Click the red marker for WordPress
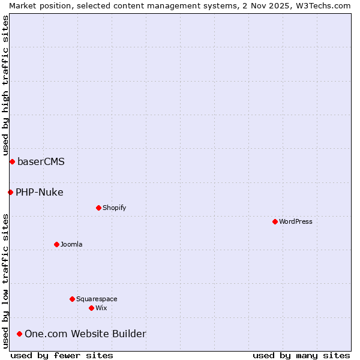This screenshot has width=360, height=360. click(x=275, y=221)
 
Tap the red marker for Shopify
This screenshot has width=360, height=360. click(x=98, y=208)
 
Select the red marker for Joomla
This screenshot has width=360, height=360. click(x=56, y=244)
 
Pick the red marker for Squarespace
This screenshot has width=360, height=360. click(x=72, y=299)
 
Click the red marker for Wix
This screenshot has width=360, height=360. click(x=91, y=308)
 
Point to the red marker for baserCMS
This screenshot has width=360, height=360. click(x=12, y=161)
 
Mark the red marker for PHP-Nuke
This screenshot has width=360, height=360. click(x=10, y=192)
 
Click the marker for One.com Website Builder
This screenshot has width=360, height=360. click(x=20, y=334)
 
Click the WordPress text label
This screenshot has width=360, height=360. click(x=295, y=221)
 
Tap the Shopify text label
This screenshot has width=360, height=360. click(x=114, y=208)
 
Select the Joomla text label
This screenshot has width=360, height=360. click(x=71, y=244)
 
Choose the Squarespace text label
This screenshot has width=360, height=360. click(x=97, y=299)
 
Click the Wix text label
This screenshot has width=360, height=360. click(x=101, y=308)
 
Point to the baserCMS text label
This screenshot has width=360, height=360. click(x=41, y=161)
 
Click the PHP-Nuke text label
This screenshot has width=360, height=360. click(x=39, y=192)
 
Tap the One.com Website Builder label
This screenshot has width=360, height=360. click(x=85, y=334)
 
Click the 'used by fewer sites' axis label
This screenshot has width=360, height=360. click(x=62, y=355)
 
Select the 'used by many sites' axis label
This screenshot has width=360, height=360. click(x=301, y=355)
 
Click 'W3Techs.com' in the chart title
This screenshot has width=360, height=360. click(x=322, y=5)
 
